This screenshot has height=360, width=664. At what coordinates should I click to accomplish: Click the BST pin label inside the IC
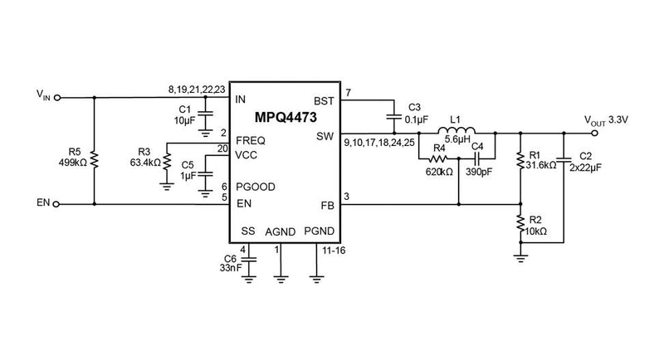click(325, 99)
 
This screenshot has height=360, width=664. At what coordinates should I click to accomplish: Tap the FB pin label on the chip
click(327, 204)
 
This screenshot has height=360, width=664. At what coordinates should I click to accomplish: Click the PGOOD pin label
click(255, 187)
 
